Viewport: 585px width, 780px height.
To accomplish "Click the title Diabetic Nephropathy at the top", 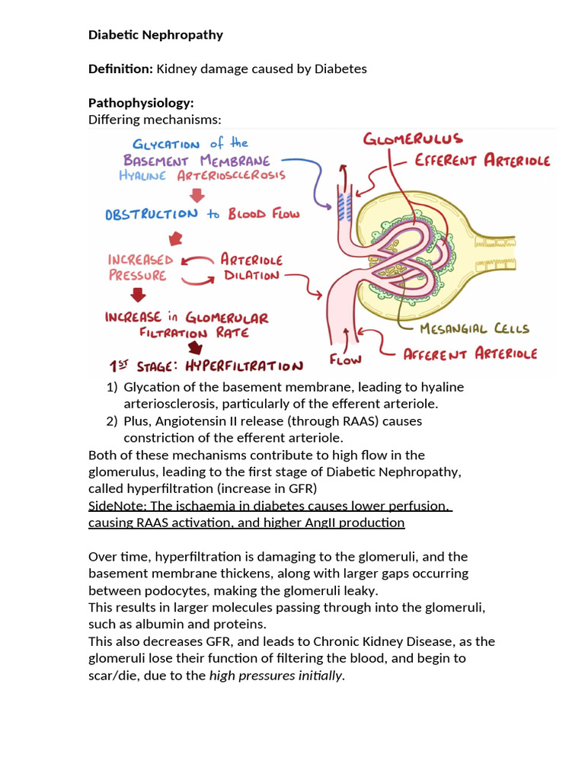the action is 155,35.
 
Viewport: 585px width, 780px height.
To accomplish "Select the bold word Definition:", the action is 120,69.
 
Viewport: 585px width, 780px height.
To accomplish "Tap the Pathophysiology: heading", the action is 141,103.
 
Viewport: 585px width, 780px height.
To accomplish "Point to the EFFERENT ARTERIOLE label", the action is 482,161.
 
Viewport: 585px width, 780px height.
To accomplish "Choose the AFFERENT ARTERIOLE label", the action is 469,353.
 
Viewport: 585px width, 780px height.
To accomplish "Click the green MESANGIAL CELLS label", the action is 475,329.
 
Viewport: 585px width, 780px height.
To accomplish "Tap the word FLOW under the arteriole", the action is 344,359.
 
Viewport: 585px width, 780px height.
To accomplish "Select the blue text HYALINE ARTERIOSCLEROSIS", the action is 202,175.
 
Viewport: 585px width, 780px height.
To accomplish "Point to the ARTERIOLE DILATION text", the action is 251,267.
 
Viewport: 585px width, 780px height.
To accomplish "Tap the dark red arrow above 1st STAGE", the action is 197,347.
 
